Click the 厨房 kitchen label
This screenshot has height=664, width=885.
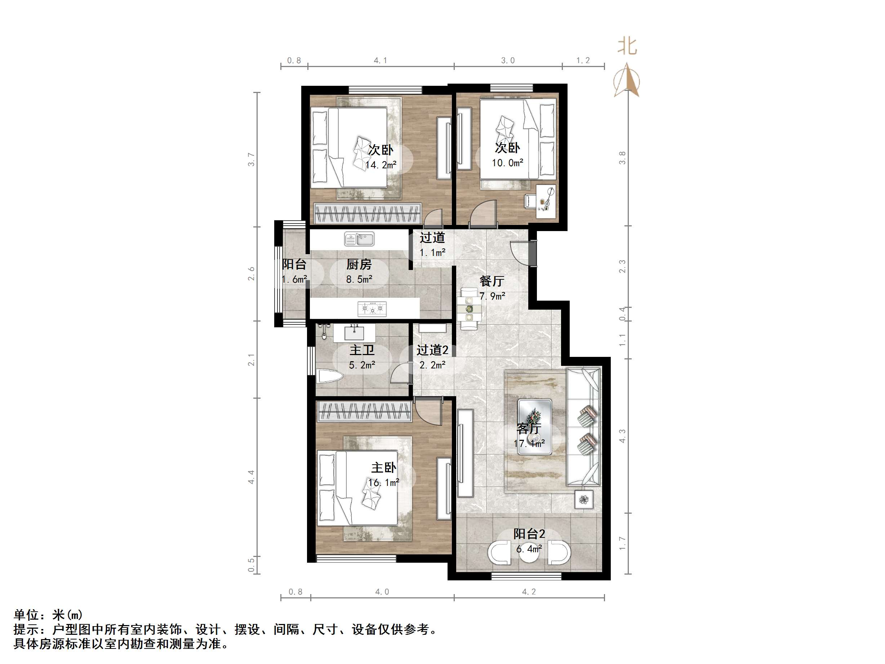click(359, 265)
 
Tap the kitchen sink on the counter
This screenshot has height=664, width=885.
click(359, 239)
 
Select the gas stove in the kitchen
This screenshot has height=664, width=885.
click(372, 308)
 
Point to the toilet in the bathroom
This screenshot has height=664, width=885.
click(330, 377)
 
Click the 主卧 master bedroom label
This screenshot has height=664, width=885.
click(384, 468)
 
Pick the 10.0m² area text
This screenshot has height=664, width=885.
click(507, 163)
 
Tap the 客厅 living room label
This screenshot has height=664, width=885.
click(529, 429)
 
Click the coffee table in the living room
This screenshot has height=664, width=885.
click(535, 427)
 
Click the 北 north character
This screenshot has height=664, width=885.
click(627, 46)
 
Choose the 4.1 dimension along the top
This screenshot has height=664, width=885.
click(381, 61)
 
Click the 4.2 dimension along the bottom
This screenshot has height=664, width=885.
click(529, 592)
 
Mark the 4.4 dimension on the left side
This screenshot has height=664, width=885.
click(251, 477)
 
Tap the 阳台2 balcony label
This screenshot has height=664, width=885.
click(529, 534)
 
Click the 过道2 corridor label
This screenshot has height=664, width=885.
click(432, 350)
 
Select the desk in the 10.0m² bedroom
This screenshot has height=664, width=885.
click(546, 202)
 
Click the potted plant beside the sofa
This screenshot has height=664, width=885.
click(584, 500)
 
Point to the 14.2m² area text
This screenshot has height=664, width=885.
click(381, 165)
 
